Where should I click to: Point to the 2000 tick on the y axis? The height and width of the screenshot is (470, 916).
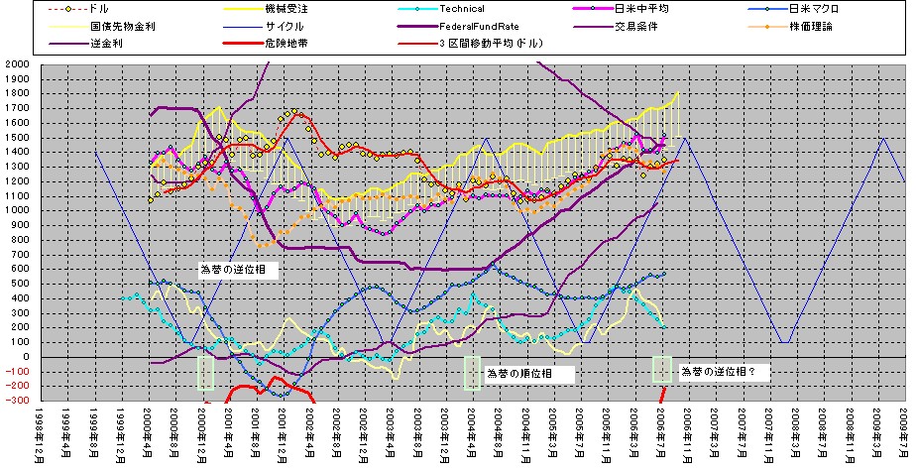point(16,63)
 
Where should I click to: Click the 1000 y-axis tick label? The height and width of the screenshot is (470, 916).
point(16,210)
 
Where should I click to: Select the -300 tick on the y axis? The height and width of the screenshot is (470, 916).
point(16,401)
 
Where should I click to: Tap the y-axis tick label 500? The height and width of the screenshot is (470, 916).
point(19,284)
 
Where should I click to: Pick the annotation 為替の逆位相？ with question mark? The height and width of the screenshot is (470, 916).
point(725,371)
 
